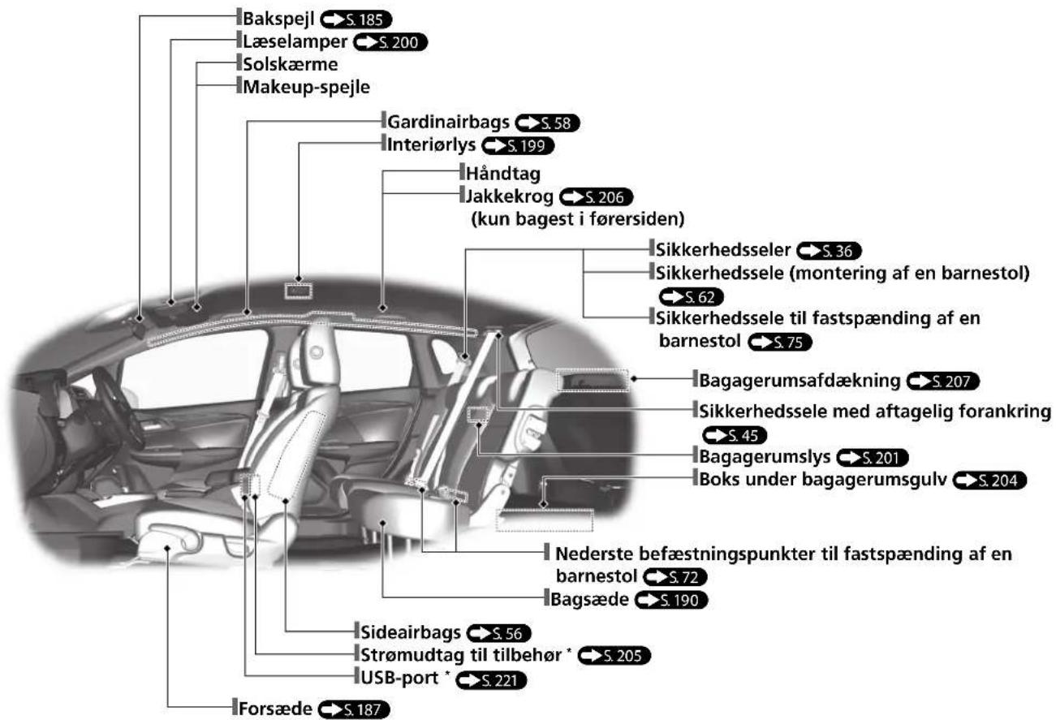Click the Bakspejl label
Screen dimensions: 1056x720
(278, 19)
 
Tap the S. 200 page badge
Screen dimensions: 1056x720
(390, 42)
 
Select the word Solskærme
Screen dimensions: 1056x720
(290, 64)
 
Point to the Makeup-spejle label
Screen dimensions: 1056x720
(306, 87)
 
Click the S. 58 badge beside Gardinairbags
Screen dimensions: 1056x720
(547, 123)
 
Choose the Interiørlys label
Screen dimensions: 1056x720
(431, 144)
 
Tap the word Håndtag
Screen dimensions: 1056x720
(503, 174)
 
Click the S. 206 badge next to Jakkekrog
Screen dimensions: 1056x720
(596, 197)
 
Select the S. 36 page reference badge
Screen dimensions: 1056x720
(829, 251)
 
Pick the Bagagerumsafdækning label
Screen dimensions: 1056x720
(800, 381)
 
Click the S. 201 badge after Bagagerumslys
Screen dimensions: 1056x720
(872, 457)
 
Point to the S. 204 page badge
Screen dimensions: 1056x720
(989, 481)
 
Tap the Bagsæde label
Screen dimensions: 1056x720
(589, 599)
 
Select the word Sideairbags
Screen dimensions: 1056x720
(410, 632)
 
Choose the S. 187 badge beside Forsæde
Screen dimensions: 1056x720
(354, 709)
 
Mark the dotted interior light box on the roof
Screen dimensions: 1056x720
(298, 291)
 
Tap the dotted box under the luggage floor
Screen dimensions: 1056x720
(544, 520)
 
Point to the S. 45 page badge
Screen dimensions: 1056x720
(735, 435)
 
